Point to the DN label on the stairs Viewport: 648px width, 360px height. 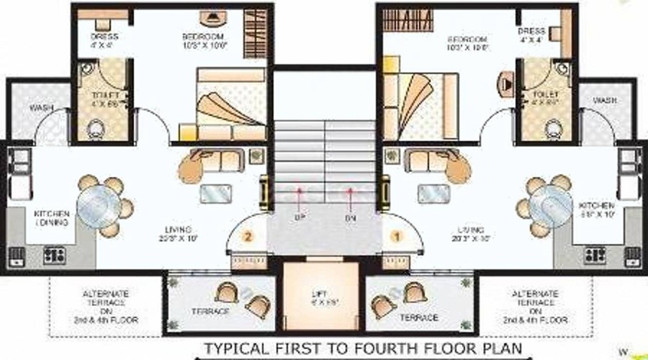tap(351, 216)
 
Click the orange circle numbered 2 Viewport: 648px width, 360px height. tap(248, 236)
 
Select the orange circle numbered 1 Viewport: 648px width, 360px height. tap(394, 235)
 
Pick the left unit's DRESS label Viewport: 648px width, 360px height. tap(104, 36)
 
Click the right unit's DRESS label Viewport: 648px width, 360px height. tap(531, 32)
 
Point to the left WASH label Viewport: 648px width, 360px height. tap(40, 108)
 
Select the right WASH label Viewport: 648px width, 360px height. tap(604, 100)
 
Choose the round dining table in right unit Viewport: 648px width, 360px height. tap(553, 201)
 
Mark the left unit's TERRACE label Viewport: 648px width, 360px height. tap(210, 310)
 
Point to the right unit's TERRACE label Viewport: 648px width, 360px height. tap(418, 317)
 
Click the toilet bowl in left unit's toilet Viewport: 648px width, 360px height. tap(95, 130)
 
